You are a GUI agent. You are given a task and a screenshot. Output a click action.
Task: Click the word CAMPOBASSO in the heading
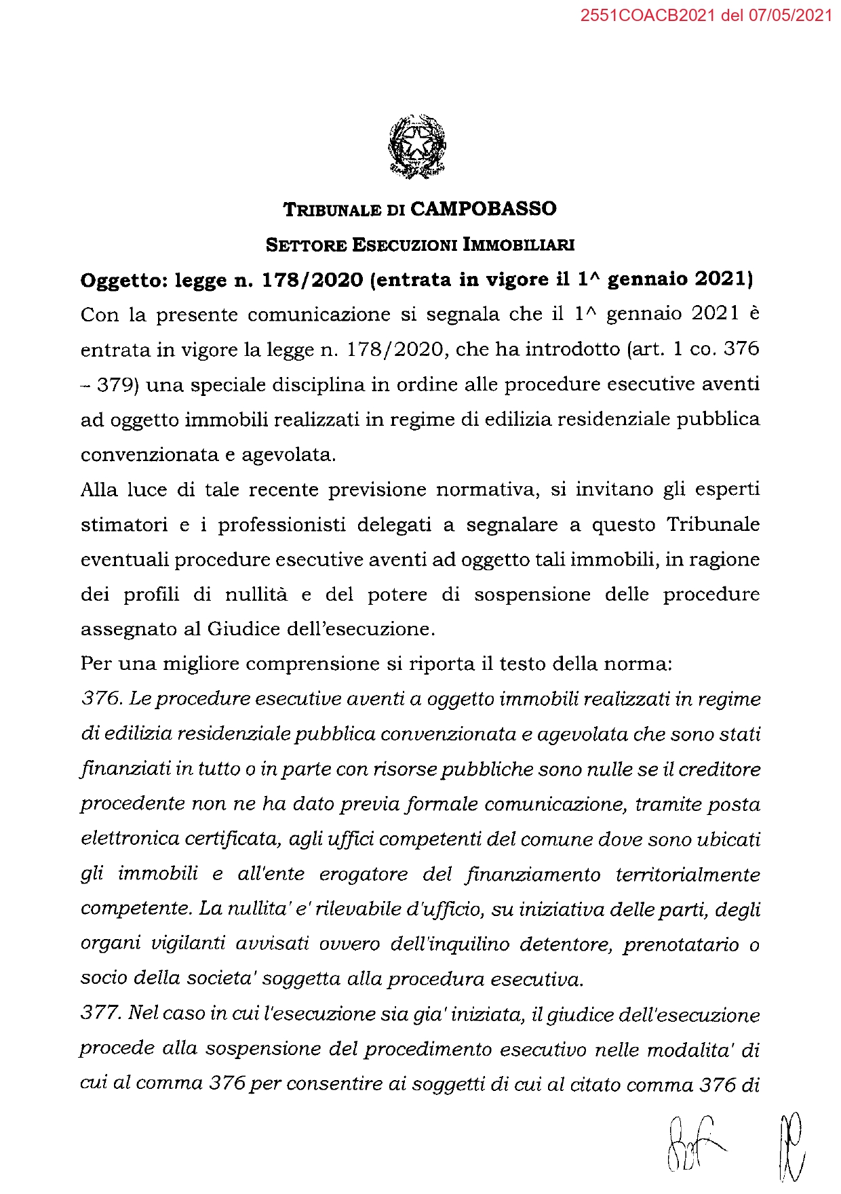click(483, 208)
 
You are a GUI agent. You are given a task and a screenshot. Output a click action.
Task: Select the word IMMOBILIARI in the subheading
click(518, 245)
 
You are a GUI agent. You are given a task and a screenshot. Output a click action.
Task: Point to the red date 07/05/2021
click(790, 16)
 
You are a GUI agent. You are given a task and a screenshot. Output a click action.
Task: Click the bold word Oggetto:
click(123, 280)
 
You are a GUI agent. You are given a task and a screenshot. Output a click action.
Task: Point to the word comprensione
click(311, 664)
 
